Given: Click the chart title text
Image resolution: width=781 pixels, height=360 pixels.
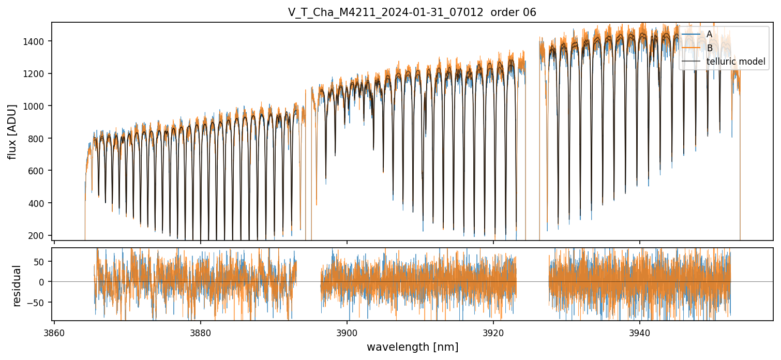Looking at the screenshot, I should tap(412, 12).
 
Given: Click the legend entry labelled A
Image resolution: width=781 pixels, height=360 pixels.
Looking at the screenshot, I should tap(709, 34).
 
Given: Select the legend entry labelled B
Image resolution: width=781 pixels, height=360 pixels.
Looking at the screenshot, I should tap(710, 48).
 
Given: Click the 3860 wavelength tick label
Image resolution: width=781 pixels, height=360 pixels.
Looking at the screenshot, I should tap(54, 333).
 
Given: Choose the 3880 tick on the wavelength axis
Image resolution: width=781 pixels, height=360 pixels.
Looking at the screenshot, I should tap(201, 333).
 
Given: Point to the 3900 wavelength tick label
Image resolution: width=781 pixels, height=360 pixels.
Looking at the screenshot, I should tap(347, 333).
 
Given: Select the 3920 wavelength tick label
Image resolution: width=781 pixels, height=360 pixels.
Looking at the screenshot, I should tap(493, 333).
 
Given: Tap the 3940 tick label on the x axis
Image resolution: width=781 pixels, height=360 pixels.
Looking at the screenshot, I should tap(640, 333).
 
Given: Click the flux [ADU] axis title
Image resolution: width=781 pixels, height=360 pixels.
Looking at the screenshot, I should tap(12, 131).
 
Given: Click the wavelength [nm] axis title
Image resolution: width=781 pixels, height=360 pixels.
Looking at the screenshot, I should tap(412, 347).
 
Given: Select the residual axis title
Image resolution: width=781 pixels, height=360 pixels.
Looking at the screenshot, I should tap(17, 286).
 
